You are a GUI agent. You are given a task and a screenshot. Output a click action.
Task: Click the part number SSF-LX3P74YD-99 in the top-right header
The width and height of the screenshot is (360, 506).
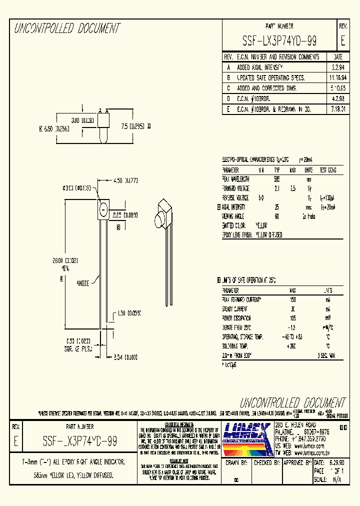point(279,41)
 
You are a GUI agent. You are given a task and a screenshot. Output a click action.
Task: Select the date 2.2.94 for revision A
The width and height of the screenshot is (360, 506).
point(337,67)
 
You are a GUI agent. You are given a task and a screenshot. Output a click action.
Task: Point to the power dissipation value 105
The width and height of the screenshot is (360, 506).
point(292,318)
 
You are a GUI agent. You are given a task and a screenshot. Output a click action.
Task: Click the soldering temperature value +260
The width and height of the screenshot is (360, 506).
point(292,346)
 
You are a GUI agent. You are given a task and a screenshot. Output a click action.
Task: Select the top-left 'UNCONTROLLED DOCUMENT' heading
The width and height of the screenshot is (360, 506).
point(67,28)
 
